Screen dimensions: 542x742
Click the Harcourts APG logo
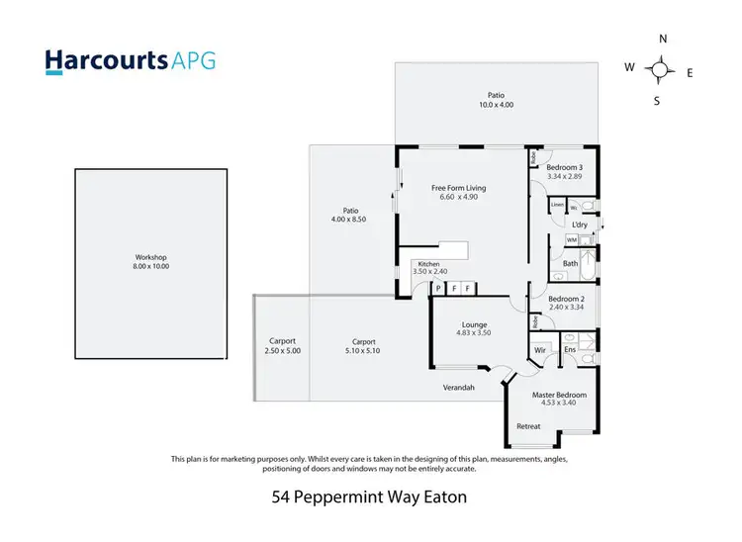[x=130, y=60]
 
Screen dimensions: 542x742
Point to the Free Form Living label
[x=458, y=188]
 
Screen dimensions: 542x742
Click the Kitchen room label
[x=428, y=264]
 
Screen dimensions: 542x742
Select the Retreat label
[x=528, y=427]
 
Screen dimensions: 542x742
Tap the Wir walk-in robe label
[x=540, y=350]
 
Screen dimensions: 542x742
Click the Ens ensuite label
[x=570, y=350]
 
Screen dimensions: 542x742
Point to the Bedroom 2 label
[x=568, y=299]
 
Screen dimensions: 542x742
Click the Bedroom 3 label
[x=566, y=167]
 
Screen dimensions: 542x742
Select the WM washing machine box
[x=571, y=240]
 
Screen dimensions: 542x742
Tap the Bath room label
[x=571, y=264]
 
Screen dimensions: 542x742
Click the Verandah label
[x=458, y=388]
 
